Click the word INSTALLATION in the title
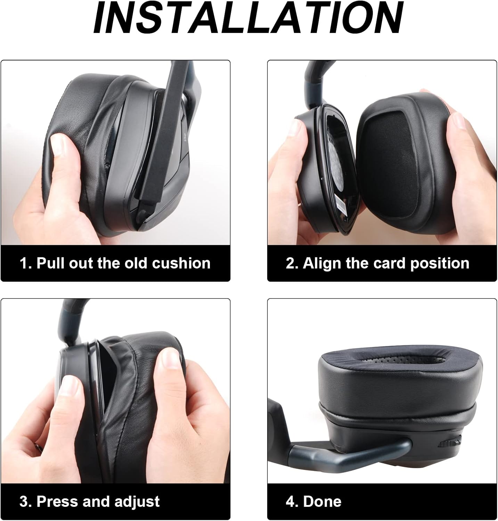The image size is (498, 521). pyautogui.click(x=248, y=18)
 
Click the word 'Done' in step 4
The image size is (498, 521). pyautogui.click(x=322, y=502)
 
